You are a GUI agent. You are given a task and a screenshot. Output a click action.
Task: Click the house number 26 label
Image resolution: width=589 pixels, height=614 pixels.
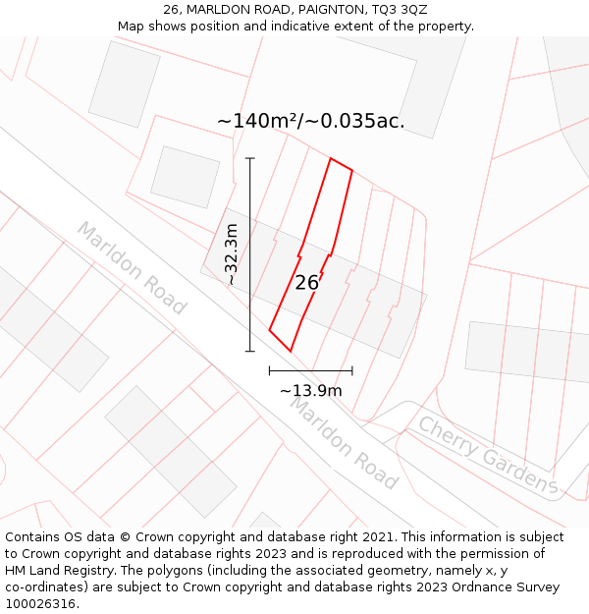click(x=306, y=283)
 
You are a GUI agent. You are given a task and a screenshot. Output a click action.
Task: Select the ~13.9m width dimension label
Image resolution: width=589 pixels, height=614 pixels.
click(x=310, y=391)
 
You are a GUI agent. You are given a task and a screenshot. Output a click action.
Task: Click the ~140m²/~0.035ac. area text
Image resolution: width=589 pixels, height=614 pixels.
click(x=310, y=122)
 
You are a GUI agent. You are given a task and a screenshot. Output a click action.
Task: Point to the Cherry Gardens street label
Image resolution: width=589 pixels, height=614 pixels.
click(x=488, y=455)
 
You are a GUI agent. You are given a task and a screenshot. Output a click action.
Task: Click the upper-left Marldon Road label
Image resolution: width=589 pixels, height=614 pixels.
click(x=131, y=268)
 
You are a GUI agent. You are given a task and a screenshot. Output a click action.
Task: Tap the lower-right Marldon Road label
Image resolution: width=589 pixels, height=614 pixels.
click(x=343, y=443)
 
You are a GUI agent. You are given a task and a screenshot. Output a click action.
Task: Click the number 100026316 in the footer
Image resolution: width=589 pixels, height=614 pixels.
click(x=40, y=604)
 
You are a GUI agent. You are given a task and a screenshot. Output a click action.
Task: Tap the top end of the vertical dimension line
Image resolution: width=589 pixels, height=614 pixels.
click(x=250, y=158)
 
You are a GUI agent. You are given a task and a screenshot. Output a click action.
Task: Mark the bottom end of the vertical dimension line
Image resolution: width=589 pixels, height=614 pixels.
click(x=250, y=351)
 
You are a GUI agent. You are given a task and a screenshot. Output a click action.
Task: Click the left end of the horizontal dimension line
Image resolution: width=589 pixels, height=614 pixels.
click(x=269, y=371)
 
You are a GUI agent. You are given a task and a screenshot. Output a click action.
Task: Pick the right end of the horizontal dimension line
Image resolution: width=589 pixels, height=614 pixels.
click(x=351, y=371)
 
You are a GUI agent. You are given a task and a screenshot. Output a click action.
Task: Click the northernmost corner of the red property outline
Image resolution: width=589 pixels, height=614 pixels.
click(x=330, y=158)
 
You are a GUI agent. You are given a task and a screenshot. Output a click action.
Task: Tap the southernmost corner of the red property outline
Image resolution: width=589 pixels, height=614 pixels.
click(x=291, y=351)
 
